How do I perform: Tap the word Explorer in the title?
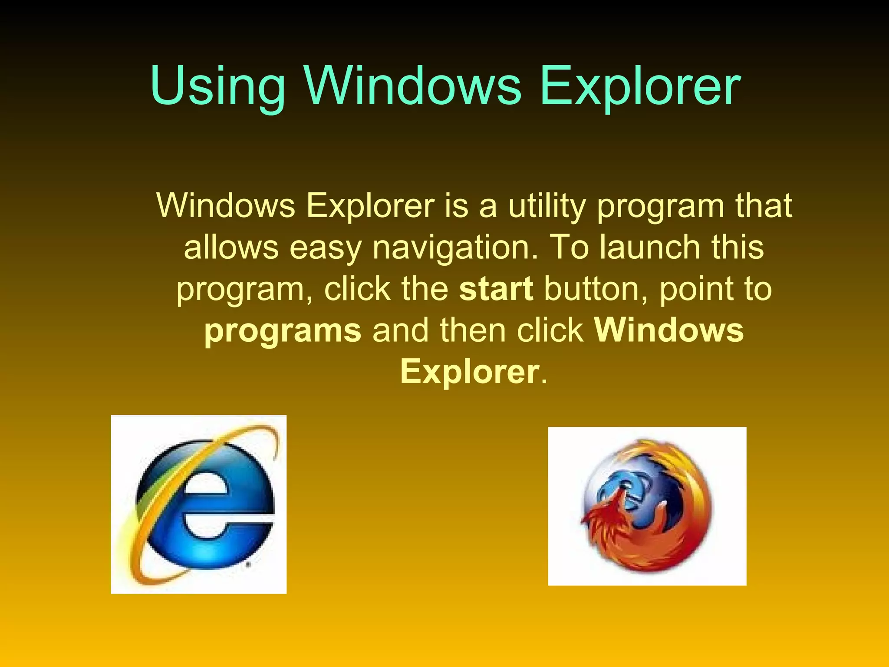(640, 87)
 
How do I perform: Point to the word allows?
(231, 248)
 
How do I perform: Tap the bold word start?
(496, 289)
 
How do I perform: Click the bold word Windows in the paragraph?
(669, 330)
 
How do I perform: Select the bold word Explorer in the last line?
(470, 372)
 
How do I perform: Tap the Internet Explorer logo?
(199, 504)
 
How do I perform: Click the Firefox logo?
(647, 506)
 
